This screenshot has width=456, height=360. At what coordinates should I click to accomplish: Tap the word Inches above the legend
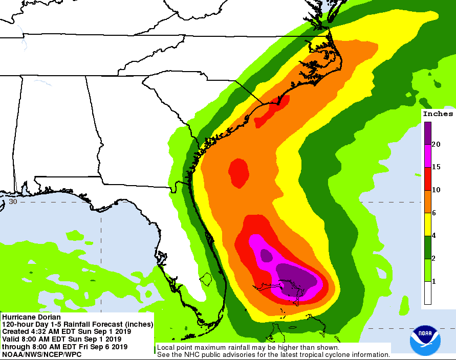(438, 114)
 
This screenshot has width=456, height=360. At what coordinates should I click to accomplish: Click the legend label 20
(436, 145)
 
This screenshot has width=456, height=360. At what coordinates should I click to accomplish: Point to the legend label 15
(436, 167)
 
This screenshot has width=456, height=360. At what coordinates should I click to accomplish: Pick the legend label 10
(436, 190)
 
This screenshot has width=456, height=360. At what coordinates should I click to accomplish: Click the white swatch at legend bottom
(427, 293)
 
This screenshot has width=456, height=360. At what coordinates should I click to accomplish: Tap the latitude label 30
(13, 201)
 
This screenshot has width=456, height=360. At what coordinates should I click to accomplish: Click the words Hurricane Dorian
(31, 318)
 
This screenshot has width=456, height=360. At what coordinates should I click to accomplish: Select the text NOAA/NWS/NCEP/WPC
(38, 354)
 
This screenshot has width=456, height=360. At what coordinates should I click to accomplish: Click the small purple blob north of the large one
(266, 254)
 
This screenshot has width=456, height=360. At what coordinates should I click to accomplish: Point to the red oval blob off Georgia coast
(238, 171)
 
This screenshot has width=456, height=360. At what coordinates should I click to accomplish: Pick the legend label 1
(434, 282)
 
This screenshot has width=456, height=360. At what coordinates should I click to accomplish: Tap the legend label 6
(434, 213)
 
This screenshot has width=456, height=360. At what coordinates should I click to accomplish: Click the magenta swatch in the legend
(427, 156)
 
